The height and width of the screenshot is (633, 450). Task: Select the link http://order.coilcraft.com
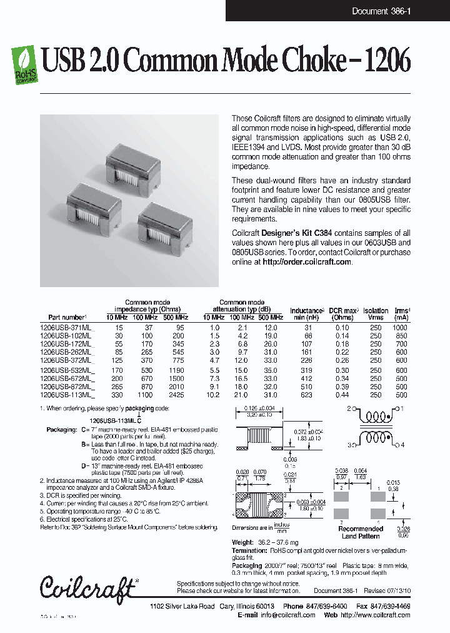click(307, 262)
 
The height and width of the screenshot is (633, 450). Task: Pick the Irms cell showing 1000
click(401, 328)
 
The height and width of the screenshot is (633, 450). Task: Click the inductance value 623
click(306, 395)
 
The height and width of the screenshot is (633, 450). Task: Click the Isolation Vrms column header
click(375, 314)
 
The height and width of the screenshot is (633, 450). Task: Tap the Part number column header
click(67, 318)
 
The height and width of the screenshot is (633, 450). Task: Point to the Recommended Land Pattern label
click(361, 532)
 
